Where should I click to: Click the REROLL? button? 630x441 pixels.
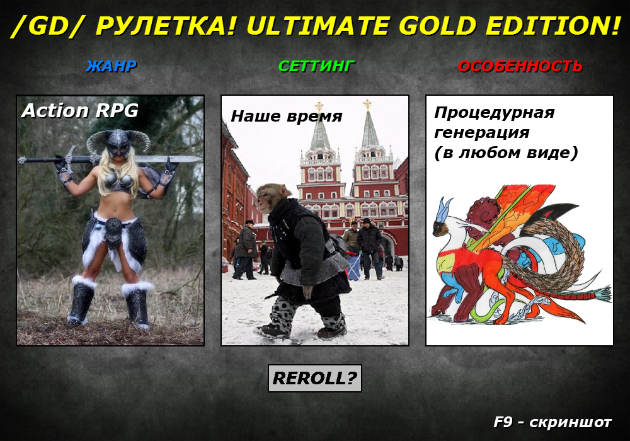point(314,378)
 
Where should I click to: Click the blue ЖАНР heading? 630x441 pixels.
point(112,66)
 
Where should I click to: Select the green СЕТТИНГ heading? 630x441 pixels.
point(317,66)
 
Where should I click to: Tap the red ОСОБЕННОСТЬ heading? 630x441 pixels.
point(520,66)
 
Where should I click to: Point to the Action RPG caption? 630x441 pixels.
point(80,110)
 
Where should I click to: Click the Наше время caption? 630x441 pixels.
point(287,116)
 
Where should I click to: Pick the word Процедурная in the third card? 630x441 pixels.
point(495,113)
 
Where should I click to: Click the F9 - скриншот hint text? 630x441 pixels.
point(553,422)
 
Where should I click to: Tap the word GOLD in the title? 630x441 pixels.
point(438,26)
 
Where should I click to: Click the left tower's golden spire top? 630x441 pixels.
point(319,106)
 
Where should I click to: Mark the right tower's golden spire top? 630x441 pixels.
point(367,105)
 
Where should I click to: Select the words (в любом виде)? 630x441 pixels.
point(507,153)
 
